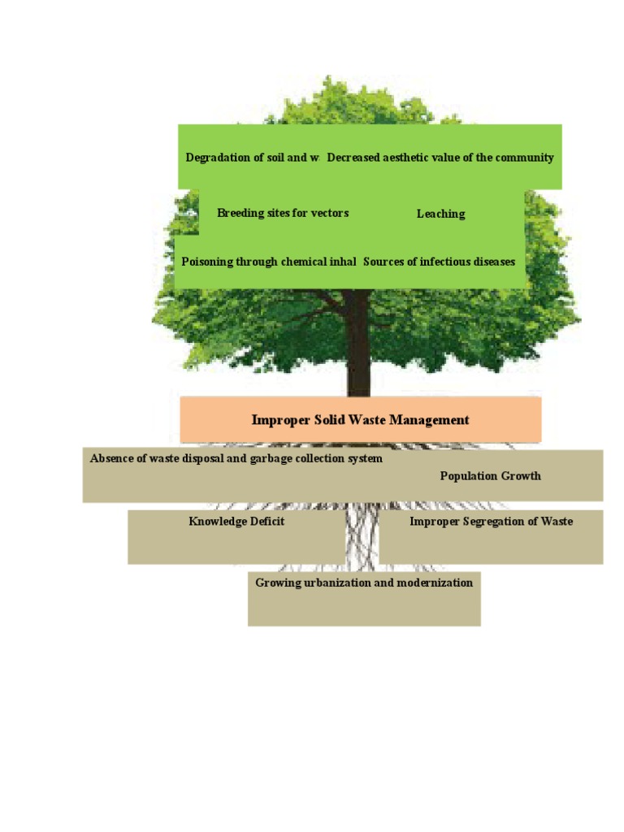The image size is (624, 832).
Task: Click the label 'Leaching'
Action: point(441,214)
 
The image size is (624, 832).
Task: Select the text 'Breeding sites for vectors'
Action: point(283,214)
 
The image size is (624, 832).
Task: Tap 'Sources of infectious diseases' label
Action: point(439,262)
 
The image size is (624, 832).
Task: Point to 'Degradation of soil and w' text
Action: point(252,158)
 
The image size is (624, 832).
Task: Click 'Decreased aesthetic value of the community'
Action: point(440,158)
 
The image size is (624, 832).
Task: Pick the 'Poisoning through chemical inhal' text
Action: point(269,262)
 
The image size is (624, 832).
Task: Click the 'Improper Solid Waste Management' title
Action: point(361,420)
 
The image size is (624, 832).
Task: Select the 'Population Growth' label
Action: point(490,476)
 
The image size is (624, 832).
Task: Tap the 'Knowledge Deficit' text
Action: point(236,522)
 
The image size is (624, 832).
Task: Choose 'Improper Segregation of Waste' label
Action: point(491,522)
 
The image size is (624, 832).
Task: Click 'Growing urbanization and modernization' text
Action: point(364,583)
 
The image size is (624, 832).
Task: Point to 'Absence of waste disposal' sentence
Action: point(236,459)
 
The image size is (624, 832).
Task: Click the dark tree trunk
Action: point(358,349)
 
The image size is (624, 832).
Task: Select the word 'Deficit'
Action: point(264,522)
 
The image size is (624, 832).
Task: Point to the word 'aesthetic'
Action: point(408,158)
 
